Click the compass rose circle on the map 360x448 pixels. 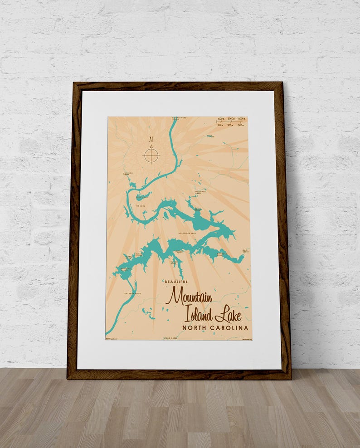tap(151, 156)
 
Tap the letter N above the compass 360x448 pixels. tap(151, 140)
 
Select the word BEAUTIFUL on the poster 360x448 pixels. tap(177, 282)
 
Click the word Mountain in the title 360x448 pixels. tap(189, 296)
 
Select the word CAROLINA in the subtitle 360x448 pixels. tap(231, 328)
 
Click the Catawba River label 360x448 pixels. tap(132, 294)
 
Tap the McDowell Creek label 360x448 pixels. tap(201, 192)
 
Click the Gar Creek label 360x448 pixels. tap(245, 251)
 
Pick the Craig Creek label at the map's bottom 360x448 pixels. tap(171, 338)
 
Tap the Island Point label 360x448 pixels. tap(138, 254)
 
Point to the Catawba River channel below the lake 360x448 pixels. tap(122, 308)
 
